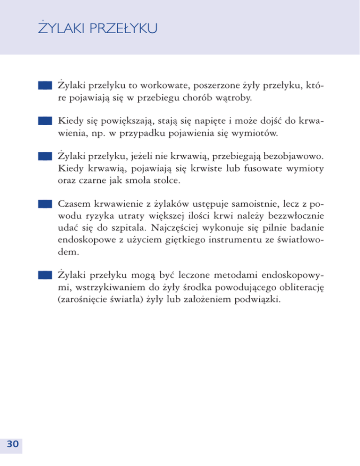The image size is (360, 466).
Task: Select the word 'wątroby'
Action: click(233, 99)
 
